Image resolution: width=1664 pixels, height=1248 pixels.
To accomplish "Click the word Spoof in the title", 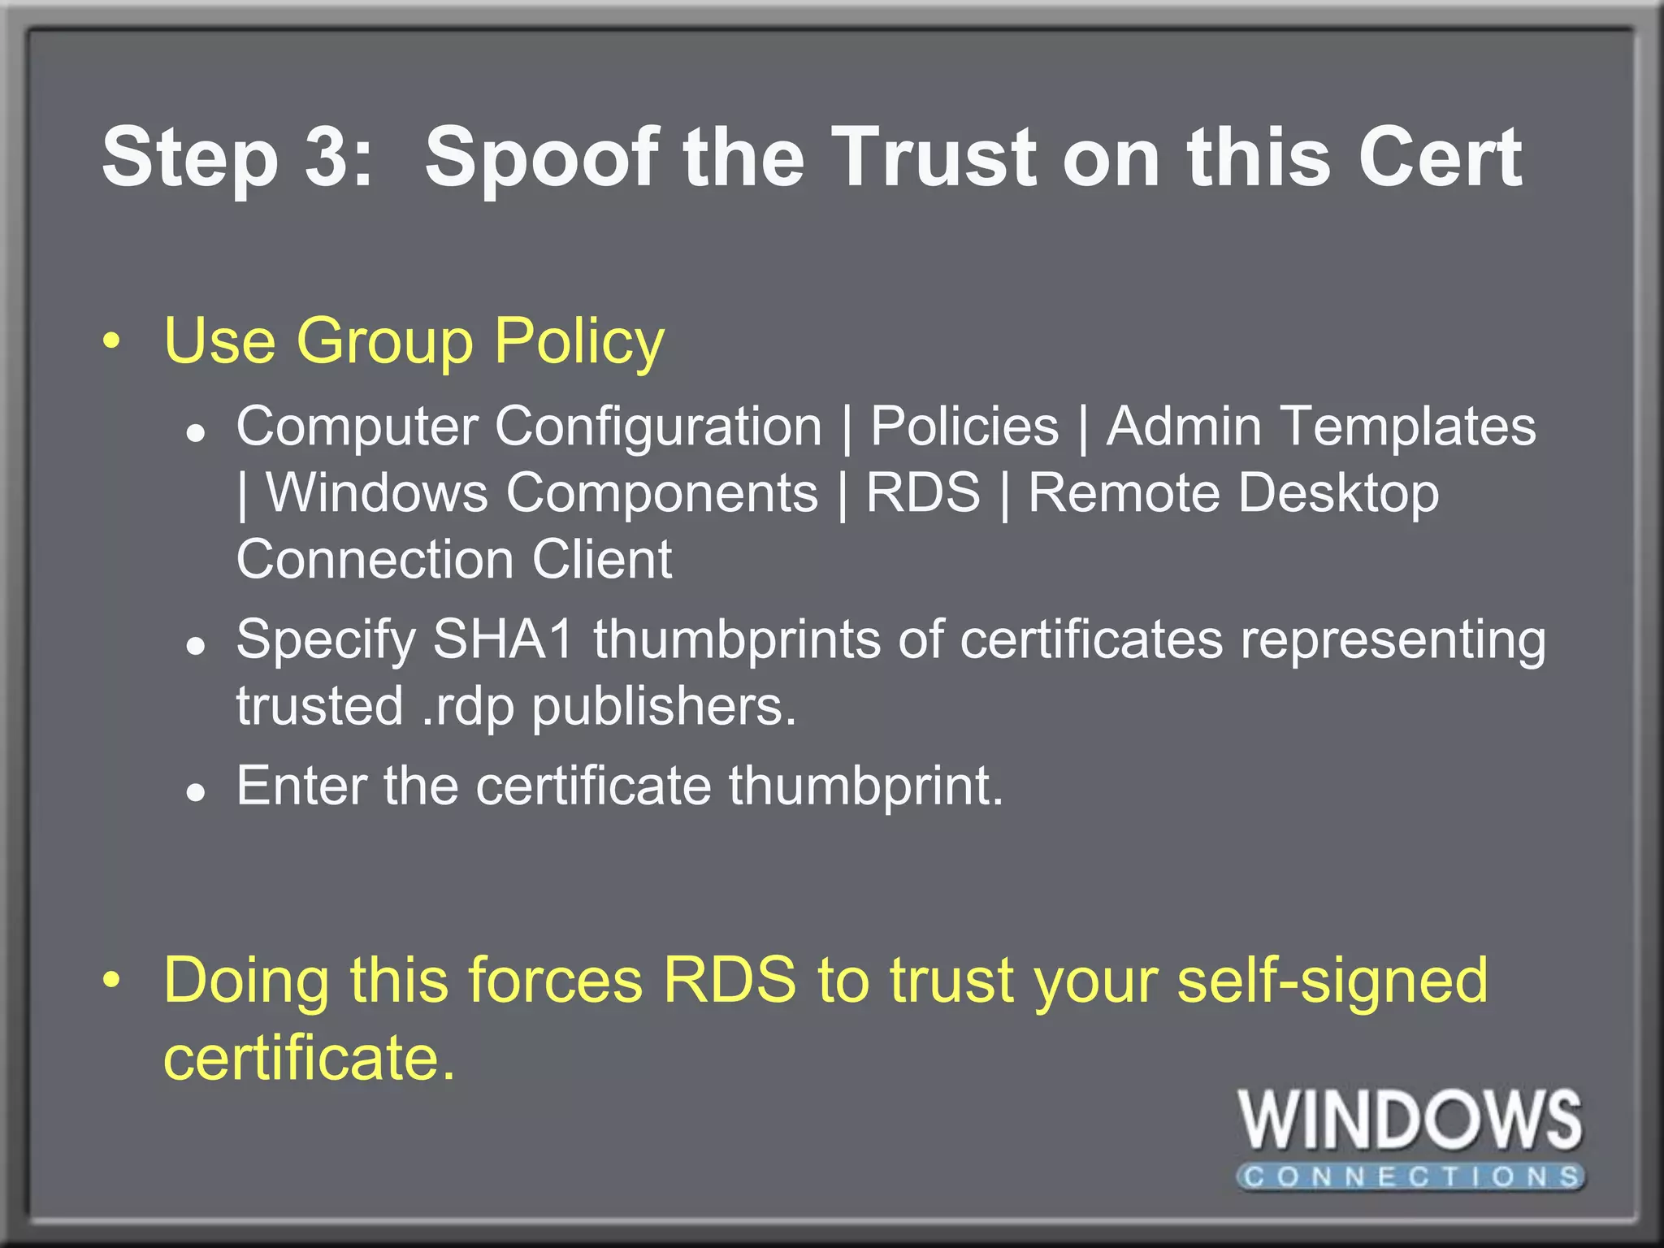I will click(x=541, y=158).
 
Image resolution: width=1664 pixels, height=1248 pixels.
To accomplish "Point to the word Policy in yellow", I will click(x=579, y=342).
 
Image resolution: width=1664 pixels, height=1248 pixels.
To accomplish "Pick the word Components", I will click(x=662, y=493).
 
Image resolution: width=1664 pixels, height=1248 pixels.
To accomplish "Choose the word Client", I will click(x=602, y=560).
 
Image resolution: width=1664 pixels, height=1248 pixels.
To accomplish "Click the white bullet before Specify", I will click(x=194, y=646).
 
